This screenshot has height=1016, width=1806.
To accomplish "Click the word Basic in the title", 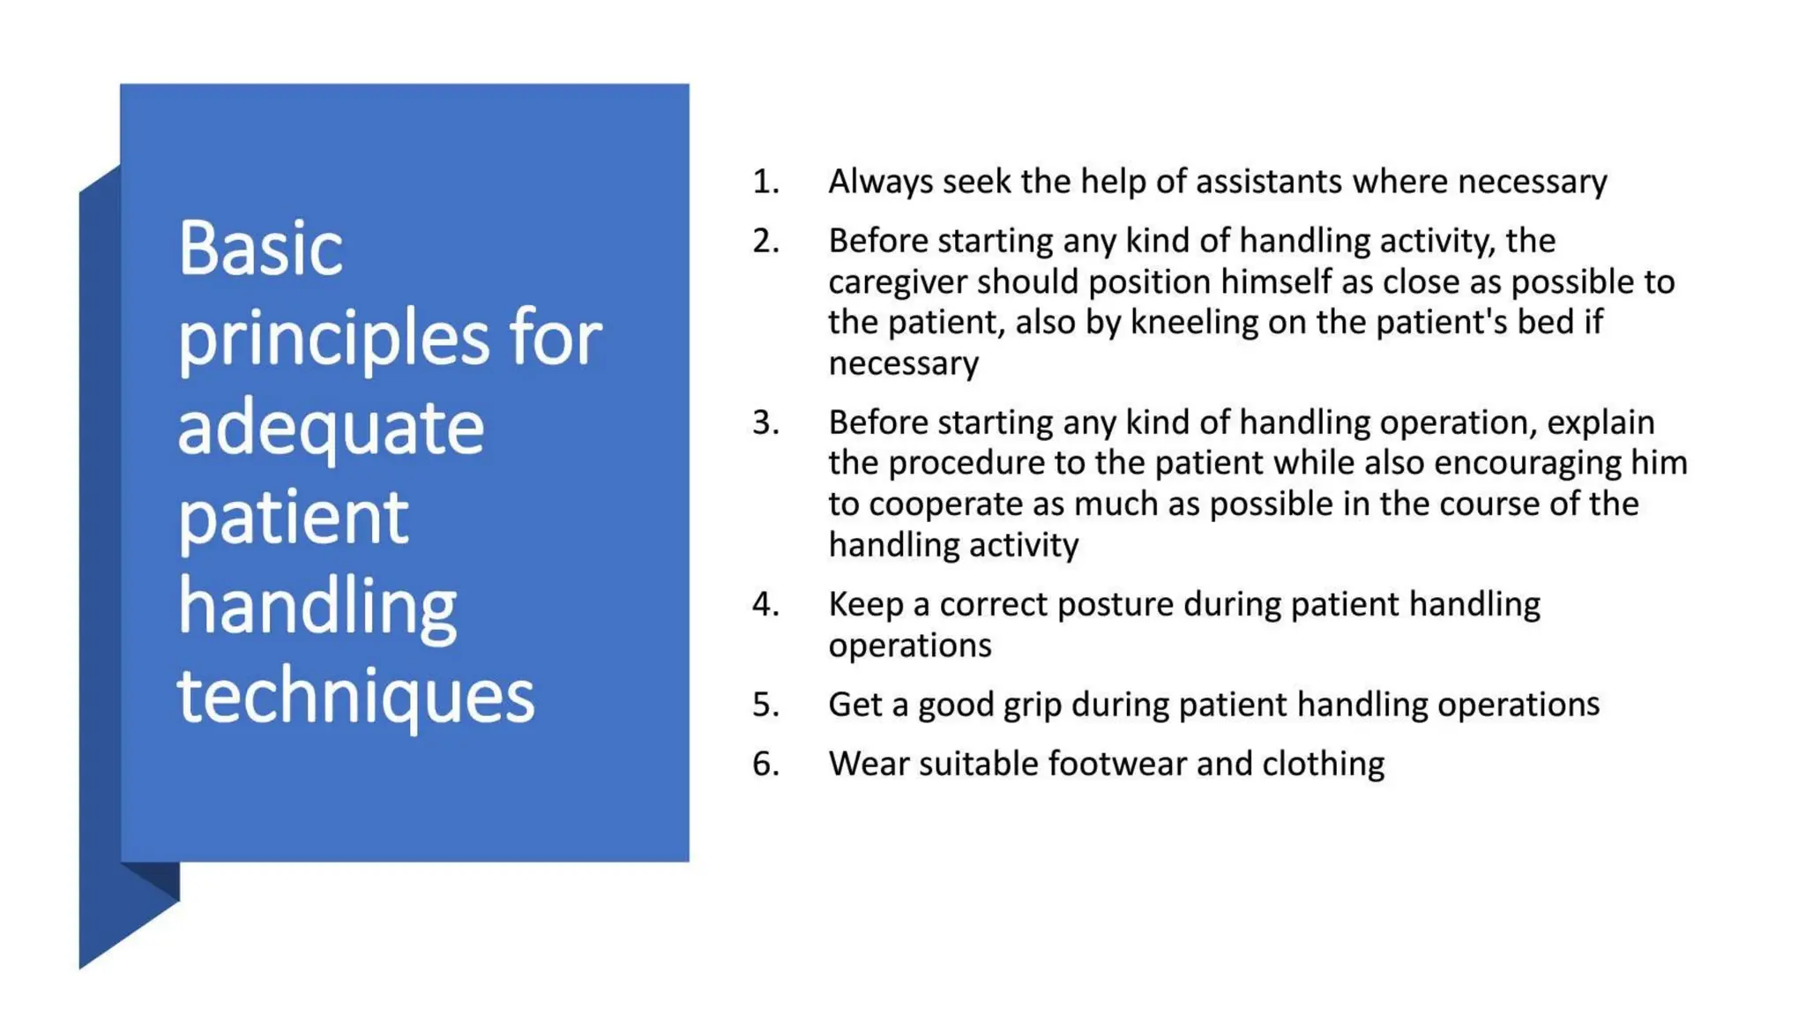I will point(260,249).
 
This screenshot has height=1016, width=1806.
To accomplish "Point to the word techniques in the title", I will point(355,697).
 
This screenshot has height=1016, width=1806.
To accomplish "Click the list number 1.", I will point(765,182).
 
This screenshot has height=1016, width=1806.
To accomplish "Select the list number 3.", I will point(765,422).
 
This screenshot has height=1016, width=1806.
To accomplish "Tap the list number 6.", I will point(765,764).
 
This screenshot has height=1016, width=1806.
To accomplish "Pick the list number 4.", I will point(765,604).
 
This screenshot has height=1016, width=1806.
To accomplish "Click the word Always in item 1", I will point(880,183).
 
